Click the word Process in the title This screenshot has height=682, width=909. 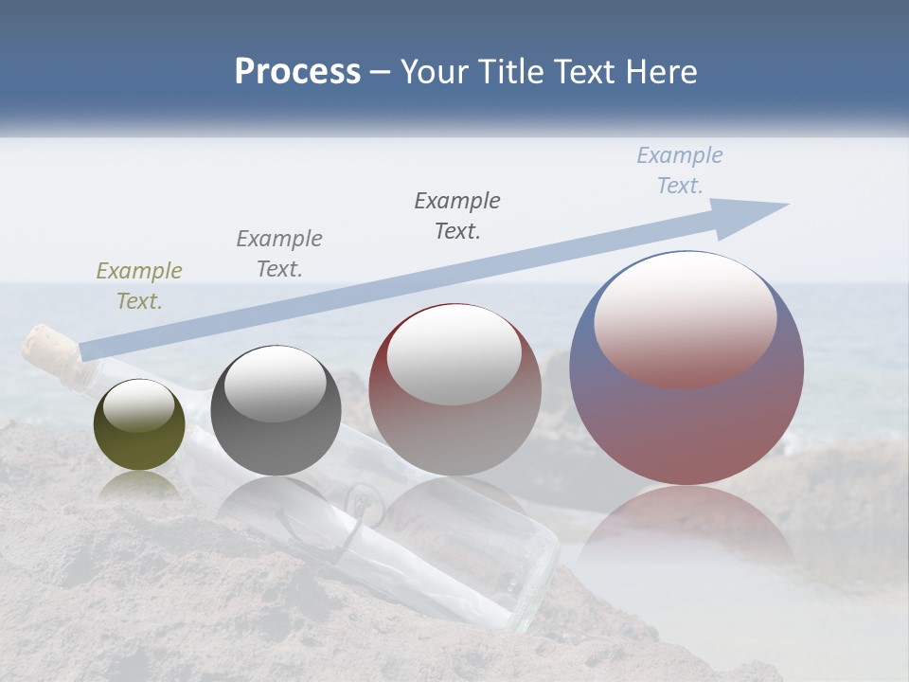point(297,72)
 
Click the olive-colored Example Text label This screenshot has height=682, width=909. point(139,286)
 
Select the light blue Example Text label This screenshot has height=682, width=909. point(680,170)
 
